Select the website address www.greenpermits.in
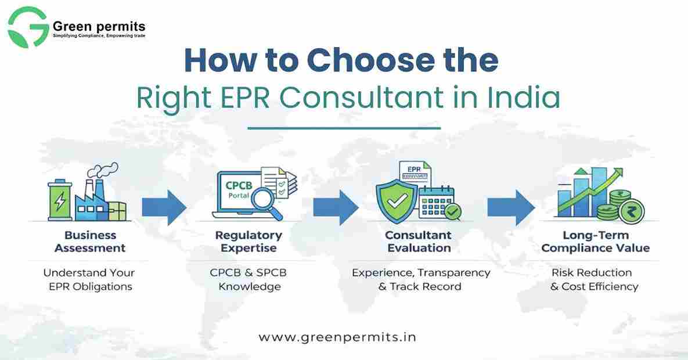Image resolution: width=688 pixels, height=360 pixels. pos(337,337)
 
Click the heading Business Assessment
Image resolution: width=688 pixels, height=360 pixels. pos(91,242)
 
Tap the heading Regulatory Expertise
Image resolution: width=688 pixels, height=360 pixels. pos(249,242)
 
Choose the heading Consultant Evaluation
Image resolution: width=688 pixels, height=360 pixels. pos(418,242)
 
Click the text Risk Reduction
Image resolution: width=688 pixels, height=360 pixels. pos(592,272)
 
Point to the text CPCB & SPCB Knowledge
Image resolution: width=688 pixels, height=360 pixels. pos(249,279)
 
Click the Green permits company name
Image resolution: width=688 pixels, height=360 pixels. pos(99,26)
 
